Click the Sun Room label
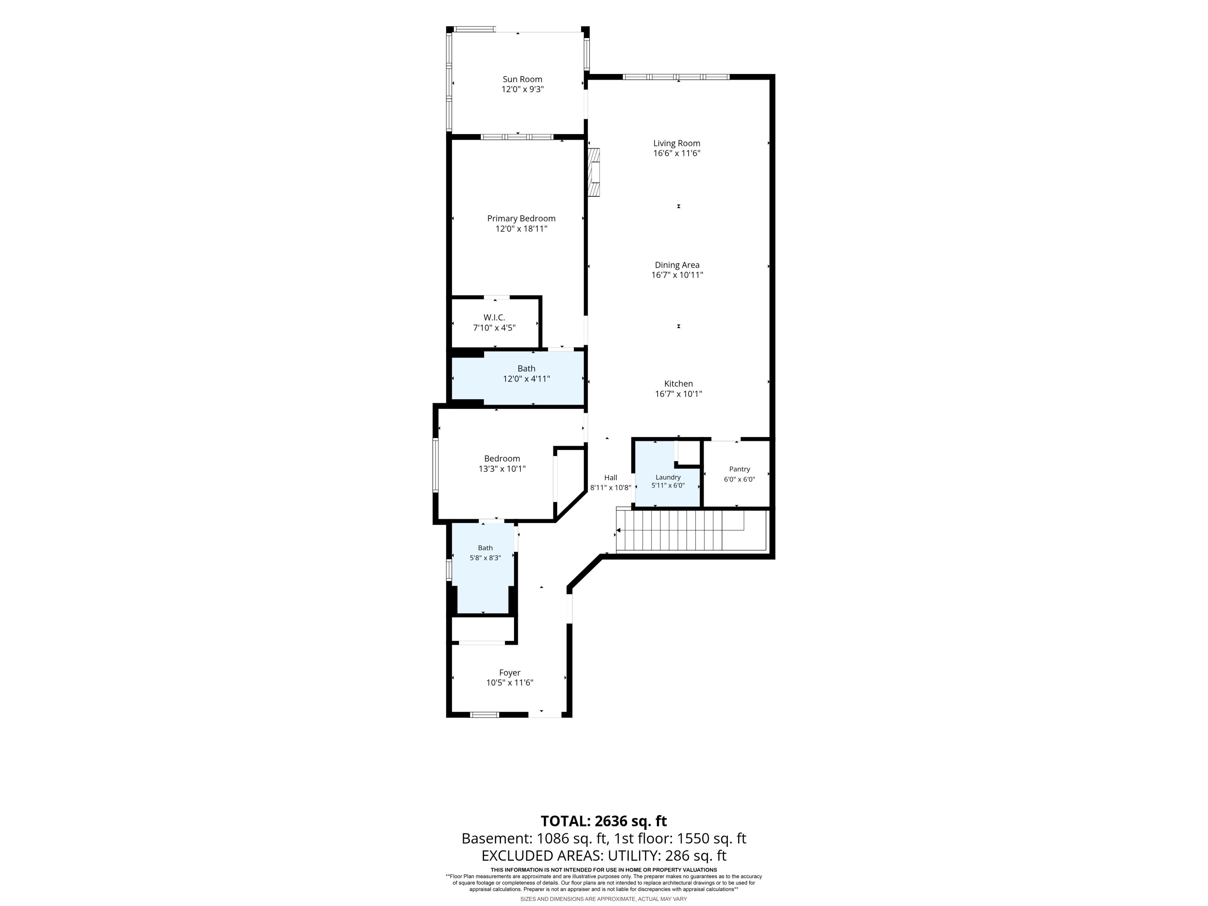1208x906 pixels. tap(522, 79)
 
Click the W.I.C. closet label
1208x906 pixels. tap(494, 318)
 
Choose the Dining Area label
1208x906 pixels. tap(677, 265)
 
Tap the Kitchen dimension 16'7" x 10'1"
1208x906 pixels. tap(678, 394)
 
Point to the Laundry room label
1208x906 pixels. tap(668, 477)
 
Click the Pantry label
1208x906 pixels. tap(740, 469)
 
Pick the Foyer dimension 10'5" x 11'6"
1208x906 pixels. tap(510, 683)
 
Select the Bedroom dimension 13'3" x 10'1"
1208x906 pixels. tap(502, 468)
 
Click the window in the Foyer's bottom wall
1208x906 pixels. tap(485, 715)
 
